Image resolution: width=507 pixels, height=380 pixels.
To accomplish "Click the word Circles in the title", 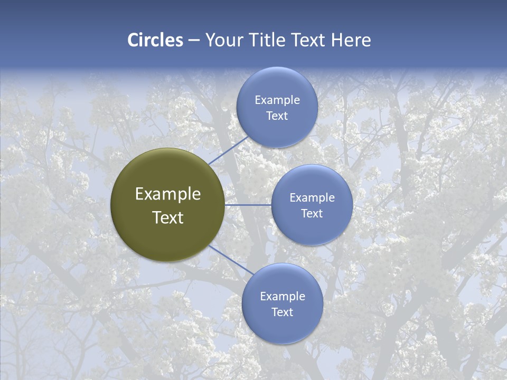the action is (155, 40).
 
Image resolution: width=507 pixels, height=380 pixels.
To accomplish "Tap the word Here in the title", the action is (351, 40).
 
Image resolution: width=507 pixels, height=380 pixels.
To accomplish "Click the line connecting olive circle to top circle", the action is (228, 150).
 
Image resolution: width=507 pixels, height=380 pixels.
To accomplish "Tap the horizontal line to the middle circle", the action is (248, 205).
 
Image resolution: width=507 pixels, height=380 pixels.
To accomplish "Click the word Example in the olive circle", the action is (168, 194).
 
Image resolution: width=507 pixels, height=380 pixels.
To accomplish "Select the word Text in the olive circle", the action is (168, 217).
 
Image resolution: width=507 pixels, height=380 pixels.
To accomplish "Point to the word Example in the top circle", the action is (277, 100).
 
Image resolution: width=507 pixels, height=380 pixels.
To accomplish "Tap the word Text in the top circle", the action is (277, 116).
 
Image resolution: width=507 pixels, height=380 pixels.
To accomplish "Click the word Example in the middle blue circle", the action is (312, 198).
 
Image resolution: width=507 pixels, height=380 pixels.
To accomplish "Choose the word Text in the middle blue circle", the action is (312, 214).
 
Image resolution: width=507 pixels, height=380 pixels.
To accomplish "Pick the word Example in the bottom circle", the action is (283, 297).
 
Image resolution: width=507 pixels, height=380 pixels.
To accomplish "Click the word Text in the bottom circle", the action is (283, 312).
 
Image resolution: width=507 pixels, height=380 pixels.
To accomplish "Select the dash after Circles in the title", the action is (194, 41).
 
